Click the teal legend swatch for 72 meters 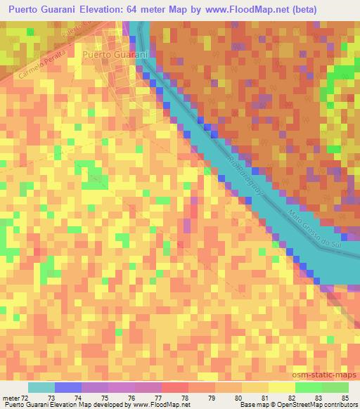[x=41, y=387]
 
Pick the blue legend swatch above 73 [x=68, y=387]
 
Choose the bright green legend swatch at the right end [x=335, y=387]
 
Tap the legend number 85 [x=345, y=398]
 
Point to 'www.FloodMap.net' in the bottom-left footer [x=153, y=405]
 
